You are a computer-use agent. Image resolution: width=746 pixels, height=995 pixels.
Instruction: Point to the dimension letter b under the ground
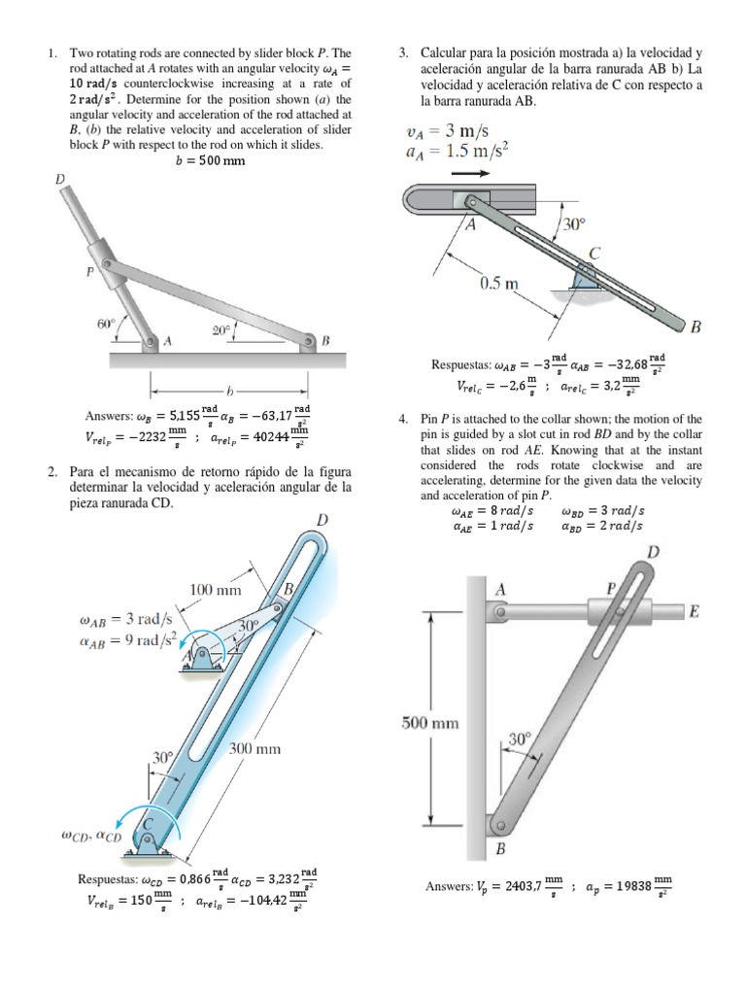pos(229,393)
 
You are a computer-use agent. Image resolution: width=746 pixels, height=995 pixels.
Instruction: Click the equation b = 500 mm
pos(210,160)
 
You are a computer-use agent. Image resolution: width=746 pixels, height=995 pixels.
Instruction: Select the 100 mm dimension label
pos(216,589)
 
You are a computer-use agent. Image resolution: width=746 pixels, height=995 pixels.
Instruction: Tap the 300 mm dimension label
pos(254,748)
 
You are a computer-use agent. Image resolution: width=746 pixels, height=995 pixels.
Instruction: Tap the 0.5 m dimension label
pos(500,284)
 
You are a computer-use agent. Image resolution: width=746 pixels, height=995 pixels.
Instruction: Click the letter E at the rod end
pos(694,611)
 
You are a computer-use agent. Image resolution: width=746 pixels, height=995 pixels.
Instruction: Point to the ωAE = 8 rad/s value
pos(492,510)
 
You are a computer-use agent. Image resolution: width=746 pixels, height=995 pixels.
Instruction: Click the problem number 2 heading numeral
pos(51,472)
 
